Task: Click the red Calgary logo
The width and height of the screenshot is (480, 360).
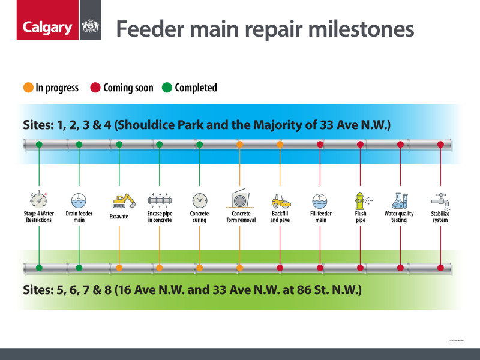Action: pos(47,28)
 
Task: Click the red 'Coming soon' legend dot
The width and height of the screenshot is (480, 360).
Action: pos(95,88)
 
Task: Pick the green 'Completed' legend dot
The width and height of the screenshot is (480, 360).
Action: pos(166,88)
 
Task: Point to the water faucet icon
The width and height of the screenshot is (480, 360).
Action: pos(440,199)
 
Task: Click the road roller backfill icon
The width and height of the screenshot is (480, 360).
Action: pos(280,200)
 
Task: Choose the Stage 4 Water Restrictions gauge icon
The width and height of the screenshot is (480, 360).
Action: pos(39,199)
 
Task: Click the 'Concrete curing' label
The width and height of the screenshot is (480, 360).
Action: pos(199,217)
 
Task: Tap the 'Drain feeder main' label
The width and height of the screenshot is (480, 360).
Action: pos(79,217)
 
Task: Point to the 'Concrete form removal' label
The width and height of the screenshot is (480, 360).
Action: pos(239,217)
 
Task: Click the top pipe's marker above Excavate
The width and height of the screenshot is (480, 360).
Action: pos(119,145)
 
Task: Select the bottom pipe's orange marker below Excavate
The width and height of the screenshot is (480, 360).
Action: pos(119,268)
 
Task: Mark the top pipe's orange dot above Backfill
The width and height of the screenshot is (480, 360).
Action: pos(280,145)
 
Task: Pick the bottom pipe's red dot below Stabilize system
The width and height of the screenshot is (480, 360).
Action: pos(440,268)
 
